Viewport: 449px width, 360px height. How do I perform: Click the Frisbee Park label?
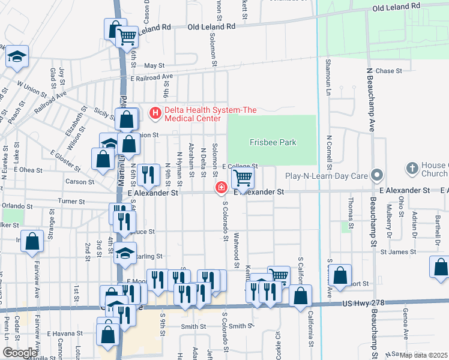(271, 142)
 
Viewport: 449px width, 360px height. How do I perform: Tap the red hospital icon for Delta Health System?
(155, 112)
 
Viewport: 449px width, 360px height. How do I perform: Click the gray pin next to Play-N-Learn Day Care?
(377, 176)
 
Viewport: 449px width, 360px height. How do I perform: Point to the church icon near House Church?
(412, 169)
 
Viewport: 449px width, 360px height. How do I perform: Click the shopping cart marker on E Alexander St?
(243, 177)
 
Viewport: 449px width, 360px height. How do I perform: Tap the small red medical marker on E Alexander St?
(221, 188)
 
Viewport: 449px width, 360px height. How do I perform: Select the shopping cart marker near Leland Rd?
(127, 37)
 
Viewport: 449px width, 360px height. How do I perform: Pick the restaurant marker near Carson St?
(148, 175)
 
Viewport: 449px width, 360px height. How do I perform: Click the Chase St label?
(388, 71)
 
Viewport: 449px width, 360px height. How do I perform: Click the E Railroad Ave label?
(151, 77)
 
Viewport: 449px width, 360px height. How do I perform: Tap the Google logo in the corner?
(19, 353)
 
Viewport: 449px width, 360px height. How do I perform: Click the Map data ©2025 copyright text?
(423, 355)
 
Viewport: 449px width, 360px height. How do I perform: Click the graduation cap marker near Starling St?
(125, 253)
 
